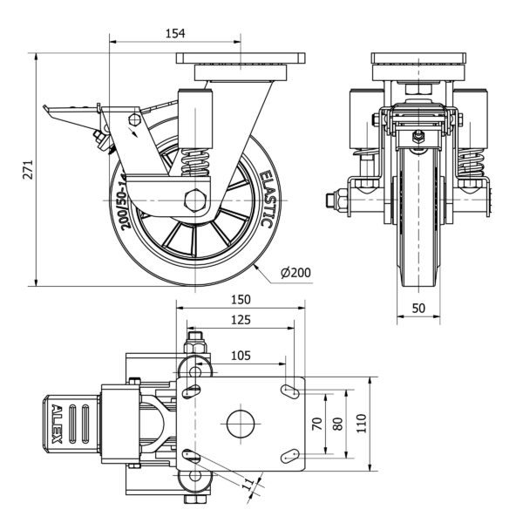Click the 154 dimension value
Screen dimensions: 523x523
(176, 33)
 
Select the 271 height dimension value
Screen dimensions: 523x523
(28, 165)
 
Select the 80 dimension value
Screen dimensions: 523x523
(339, 425)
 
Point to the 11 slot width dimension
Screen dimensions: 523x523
(249, 484)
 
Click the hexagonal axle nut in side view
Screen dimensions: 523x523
(196, 200)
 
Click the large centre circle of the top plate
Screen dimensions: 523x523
(240, 425)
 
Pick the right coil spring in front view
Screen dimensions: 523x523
(472, 164)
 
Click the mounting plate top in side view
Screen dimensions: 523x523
(241, 59)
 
